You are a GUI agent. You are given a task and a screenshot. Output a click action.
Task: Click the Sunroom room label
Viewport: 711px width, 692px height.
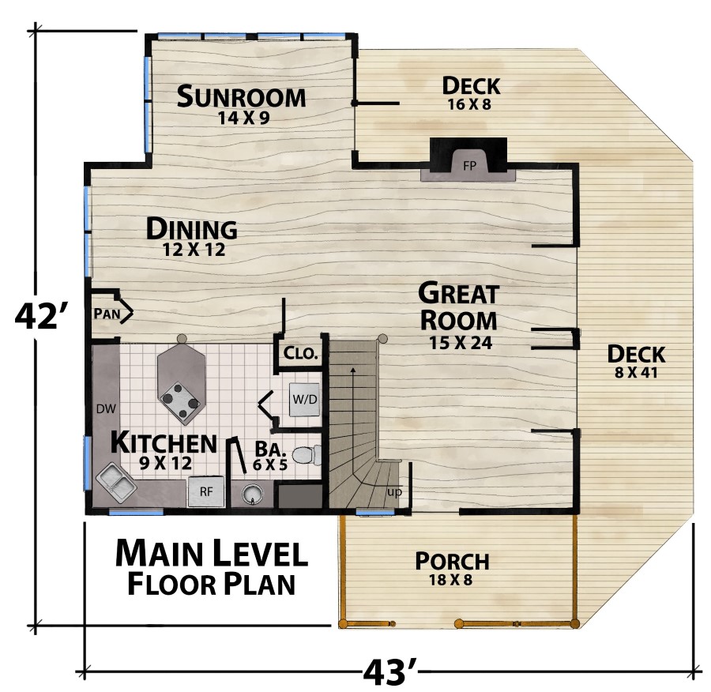(x=241, y=96)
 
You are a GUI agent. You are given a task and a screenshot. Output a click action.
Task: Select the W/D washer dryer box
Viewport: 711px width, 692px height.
(x=305, y=400)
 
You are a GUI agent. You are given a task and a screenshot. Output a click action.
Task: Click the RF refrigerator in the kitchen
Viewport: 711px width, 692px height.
(x=206, y=491)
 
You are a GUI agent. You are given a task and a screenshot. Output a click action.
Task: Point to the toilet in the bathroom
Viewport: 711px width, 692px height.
(x=307, y=455)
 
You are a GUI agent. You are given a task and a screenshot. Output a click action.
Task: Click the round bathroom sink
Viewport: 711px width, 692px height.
(x=252, y=494)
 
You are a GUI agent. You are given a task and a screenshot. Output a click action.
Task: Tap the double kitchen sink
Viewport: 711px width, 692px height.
(x=116, y=483)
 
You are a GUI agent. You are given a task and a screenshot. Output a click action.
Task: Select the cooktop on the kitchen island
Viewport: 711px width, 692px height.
(x=180, y=400)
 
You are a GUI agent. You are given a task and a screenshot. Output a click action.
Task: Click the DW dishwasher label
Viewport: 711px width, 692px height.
(x=106, y=409)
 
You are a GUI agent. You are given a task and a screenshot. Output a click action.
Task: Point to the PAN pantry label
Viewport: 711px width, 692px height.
(x=107, y=314)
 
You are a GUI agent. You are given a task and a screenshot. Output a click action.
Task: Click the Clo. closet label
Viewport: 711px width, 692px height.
(x=300, y=353)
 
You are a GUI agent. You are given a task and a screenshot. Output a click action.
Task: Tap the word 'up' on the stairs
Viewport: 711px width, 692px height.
(x=394, y=492)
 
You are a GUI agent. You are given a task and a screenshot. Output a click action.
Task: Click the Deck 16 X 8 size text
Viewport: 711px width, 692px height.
(x=469, y=105)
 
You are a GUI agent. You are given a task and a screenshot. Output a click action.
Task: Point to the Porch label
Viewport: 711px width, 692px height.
(x=452, y=561)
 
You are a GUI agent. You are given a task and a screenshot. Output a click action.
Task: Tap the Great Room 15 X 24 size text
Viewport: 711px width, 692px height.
(x=461, y=343)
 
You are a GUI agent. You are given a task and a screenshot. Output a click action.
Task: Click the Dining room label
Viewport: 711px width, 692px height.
(x=191, y=228)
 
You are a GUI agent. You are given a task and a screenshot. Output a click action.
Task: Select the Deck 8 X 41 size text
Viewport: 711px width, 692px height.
(x=636, y=373)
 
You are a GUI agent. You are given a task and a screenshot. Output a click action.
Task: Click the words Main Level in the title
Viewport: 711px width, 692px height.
(x=211, y=553)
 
